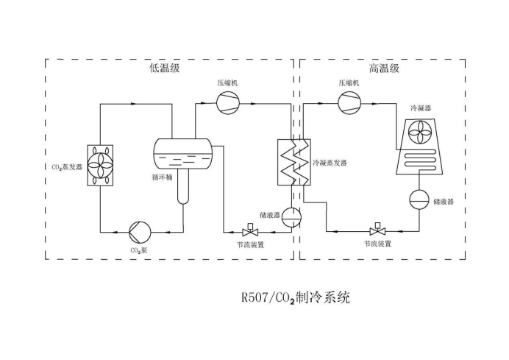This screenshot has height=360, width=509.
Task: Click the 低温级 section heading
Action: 164,68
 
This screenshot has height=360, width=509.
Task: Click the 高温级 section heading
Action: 384,68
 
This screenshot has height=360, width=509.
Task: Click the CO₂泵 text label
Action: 140,250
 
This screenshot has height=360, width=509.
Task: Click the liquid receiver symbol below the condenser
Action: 419,200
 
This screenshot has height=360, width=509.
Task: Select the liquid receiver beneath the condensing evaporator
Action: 292,215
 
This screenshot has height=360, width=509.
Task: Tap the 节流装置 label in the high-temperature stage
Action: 378,244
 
